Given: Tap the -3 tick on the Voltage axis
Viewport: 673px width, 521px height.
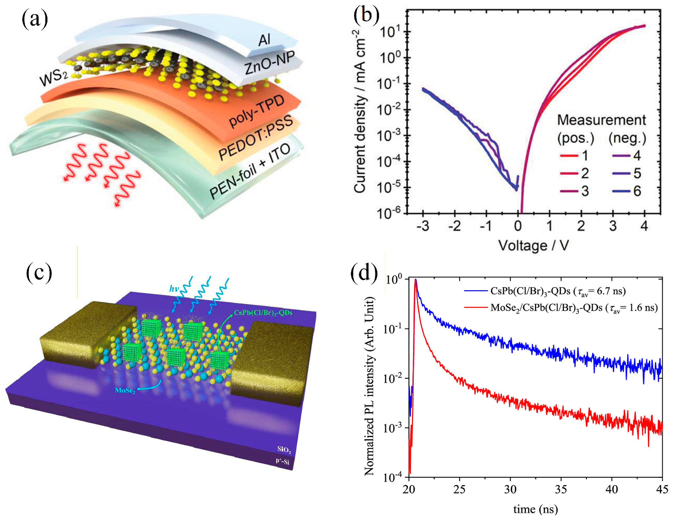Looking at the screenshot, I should (422, 226).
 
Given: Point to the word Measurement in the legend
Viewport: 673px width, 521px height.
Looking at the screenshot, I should (601, 120).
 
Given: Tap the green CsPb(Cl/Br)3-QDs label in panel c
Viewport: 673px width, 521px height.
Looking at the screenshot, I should (263, 313).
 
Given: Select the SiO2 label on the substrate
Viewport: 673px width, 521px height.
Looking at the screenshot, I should (284, 449).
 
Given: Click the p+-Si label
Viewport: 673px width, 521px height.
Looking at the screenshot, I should (282, 461).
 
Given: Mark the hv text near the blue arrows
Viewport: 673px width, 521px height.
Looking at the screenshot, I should (174, 288).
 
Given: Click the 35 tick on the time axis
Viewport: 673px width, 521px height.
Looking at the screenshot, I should (561, 489).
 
